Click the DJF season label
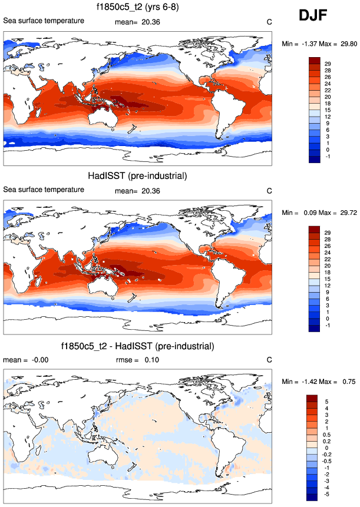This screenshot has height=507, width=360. coord(316,16)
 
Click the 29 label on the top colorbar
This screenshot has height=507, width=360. coord(326,63)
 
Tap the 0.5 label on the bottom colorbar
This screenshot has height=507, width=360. coord(327,434)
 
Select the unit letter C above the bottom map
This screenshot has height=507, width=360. coord(269,360)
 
